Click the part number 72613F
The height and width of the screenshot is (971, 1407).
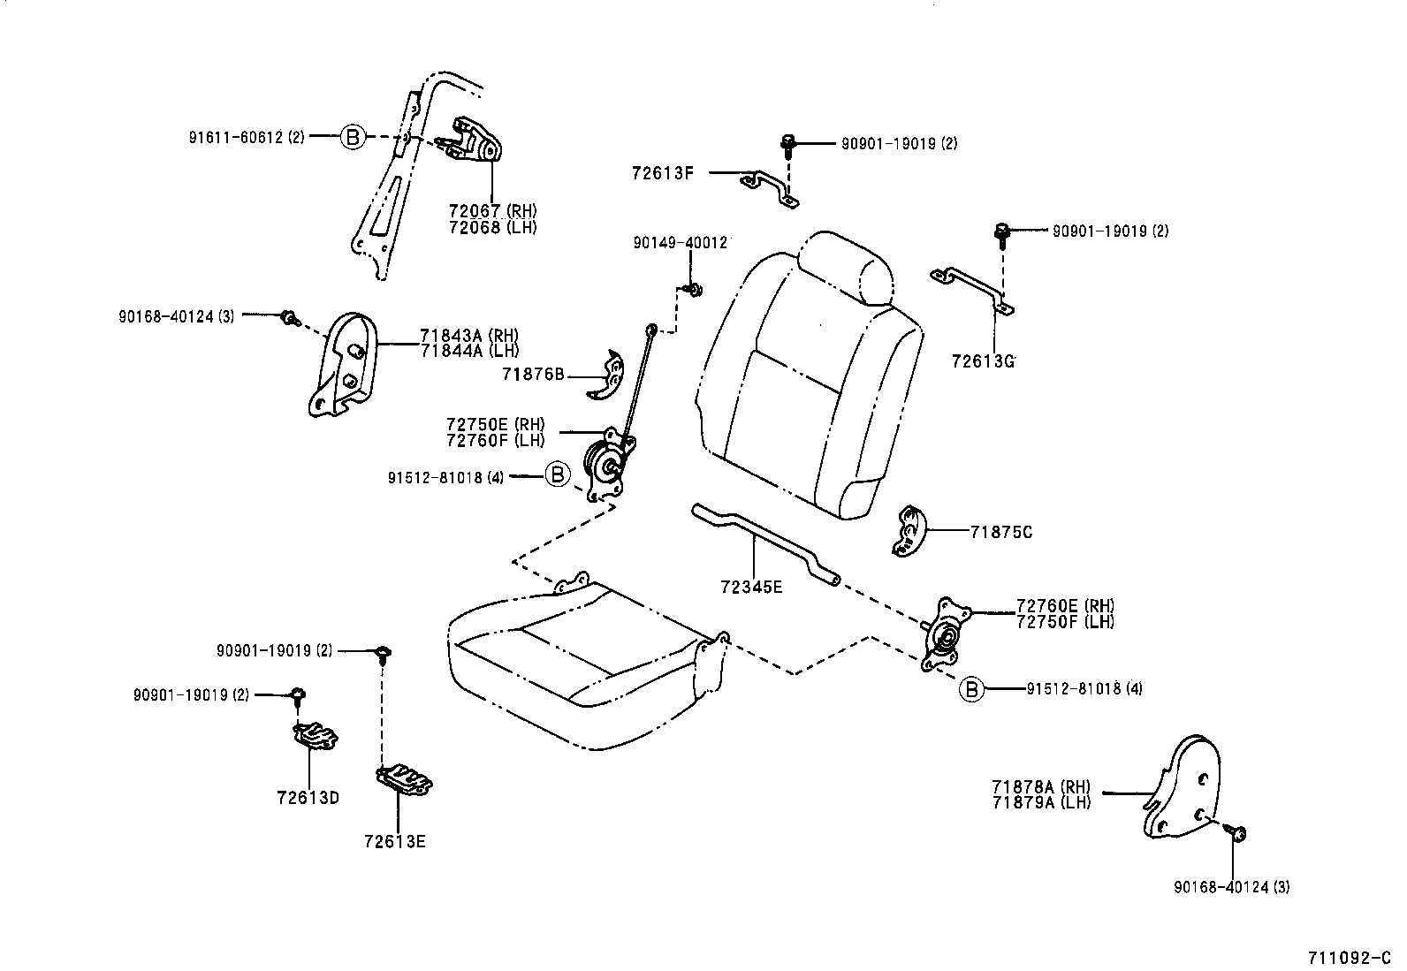tap(662, 173)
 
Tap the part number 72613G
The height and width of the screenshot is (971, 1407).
tap(983, 361)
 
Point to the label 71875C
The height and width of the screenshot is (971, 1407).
tap(1000, 532)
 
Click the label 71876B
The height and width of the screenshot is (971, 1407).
tap(533, 374)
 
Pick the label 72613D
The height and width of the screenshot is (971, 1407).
tap(308, 798)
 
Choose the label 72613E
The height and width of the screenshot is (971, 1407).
tap(394, 842)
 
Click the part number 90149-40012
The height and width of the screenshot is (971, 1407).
tap(680, 242)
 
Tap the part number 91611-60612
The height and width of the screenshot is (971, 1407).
tap(235, 137)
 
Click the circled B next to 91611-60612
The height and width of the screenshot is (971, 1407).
tap(352, 137)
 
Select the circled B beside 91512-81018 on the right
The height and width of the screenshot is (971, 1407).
tap(971, 688)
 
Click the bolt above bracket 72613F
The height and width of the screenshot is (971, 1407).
tap(787, 144)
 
